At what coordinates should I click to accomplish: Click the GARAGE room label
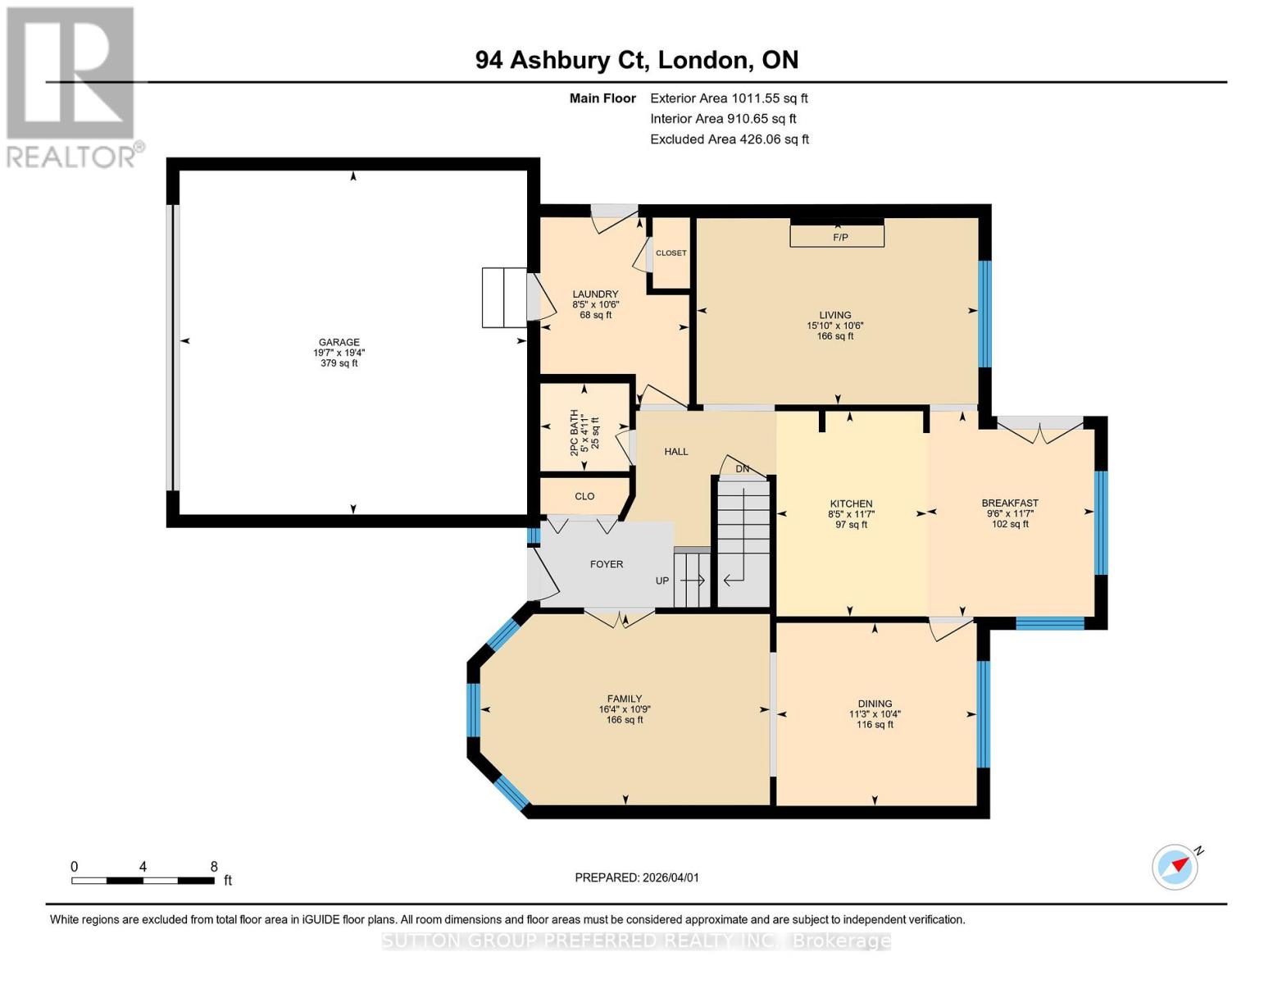[x=339, y=343]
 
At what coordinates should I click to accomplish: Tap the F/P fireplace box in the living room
[x=837, y=236]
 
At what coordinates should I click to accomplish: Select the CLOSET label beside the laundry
[x=671, y=253]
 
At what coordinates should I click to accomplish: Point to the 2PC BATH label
[x=574, y=427]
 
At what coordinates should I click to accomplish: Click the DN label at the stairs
[x=742, y=469]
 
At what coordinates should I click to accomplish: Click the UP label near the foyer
[x=662, y=581]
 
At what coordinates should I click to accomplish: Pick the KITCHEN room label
[x=851, y=504]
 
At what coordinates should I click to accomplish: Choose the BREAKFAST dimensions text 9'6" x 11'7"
[x=1010, y=514]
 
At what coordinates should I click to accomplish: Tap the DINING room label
[x=875, y=704]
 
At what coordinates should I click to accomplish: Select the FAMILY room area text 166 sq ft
[x=625, y=720]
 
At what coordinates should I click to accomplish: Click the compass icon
[x=1175, y=866]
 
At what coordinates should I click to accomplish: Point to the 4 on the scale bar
[x=143, y=867]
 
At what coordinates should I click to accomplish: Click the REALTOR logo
[x=71, y=86]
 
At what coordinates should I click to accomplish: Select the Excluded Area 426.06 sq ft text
[x=730, y=139]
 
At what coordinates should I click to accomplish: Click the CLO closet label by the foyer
[x=584, y=496]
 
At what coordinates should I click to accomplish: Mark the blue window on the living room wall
[x=984, y=313]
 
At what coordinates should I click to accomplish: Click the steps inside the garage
[x=503, y=297]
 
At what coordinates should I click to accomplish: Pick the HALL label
[x=676, y=452]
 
